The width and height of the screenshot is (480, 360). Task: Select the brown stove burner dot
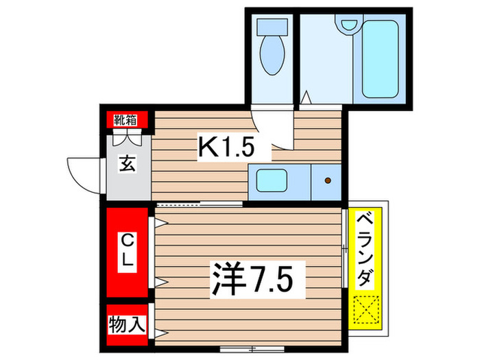click(327, 181)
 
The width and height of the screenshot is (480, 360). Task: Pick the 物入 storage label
click(127, 323)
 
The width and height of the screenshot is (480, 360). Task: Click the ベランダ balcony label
click(367, 250)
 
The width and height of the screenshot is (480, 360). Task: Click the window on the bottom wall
click(252, 350)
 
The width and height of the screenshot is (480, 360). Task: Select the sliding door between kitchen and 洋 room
click(199, 204)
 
